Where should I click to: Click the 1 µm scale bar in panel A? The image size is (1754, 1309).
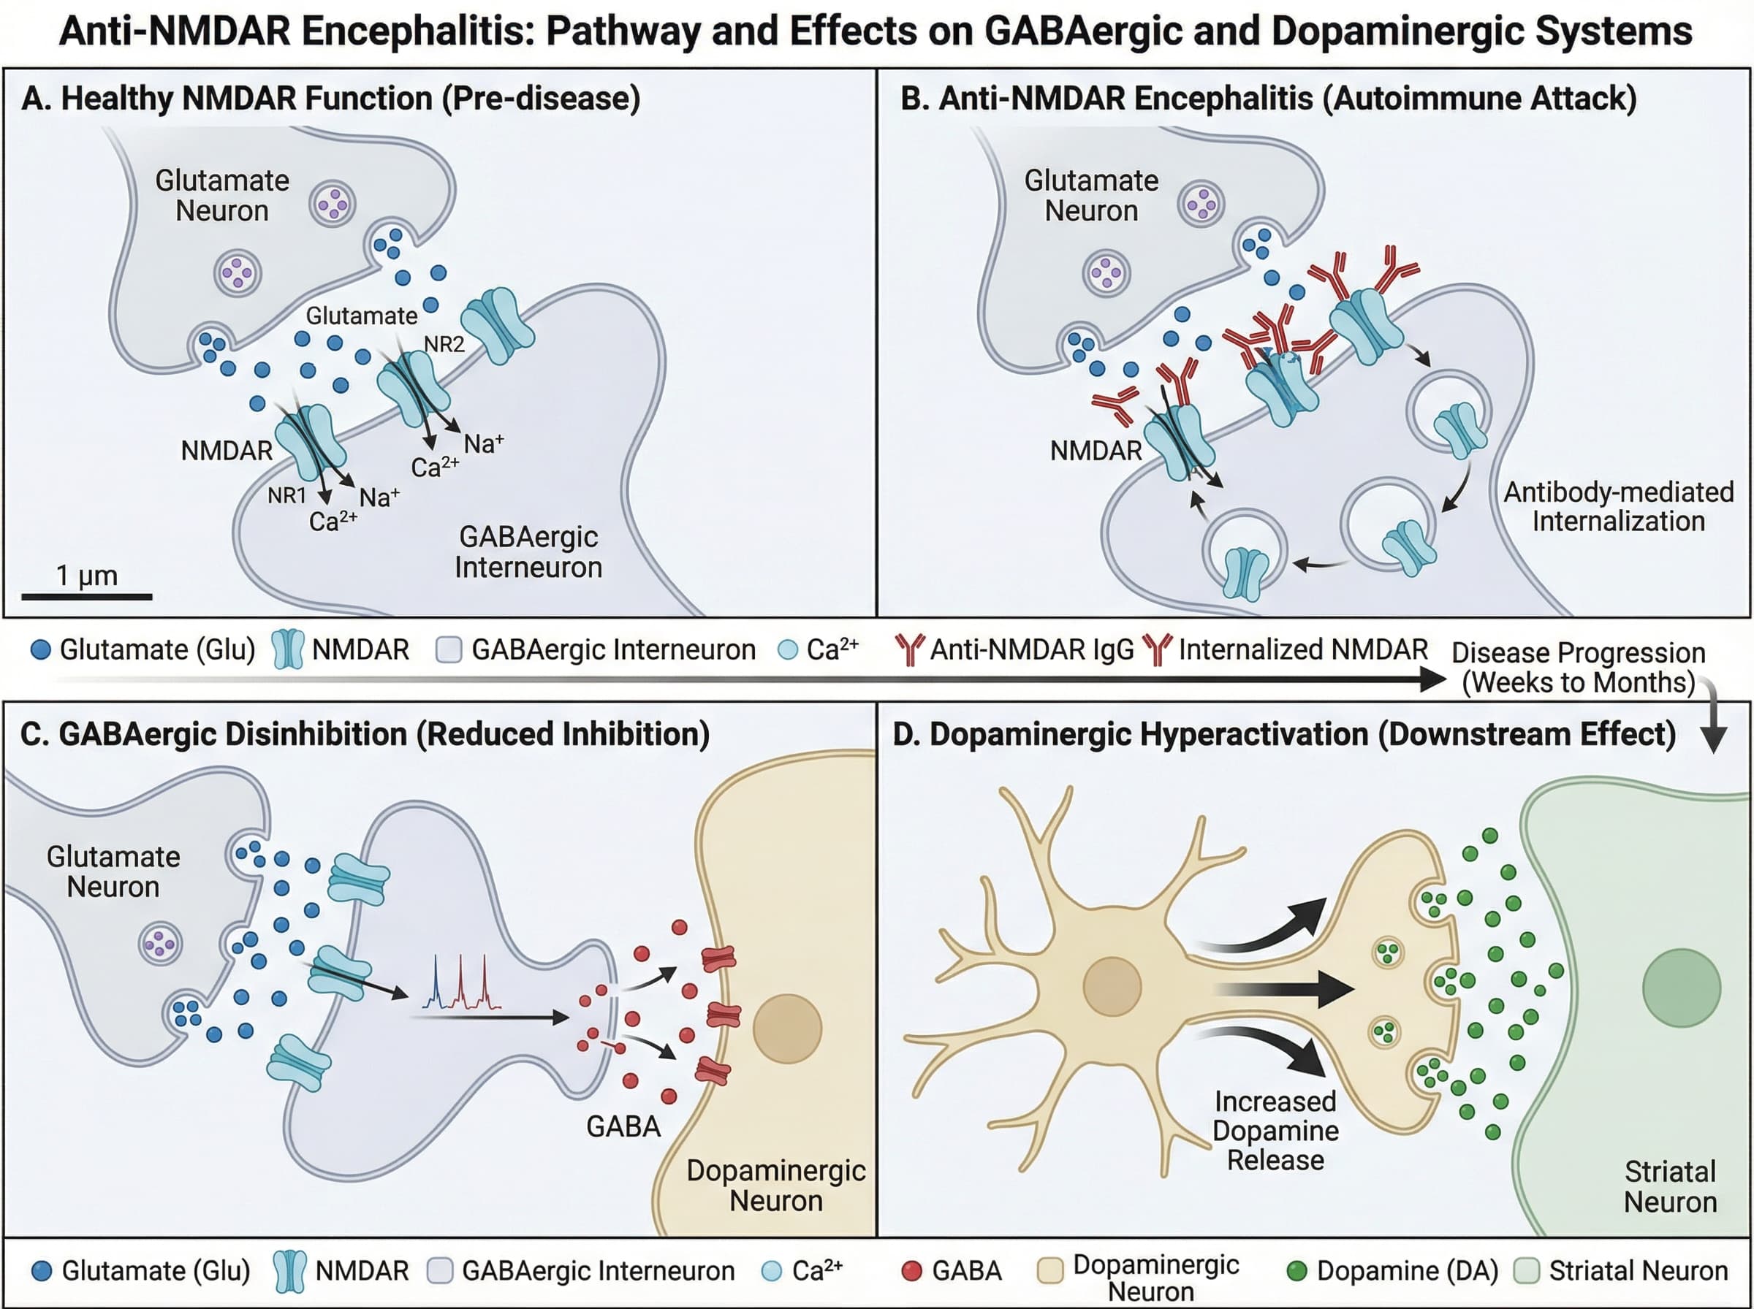pos(86,596)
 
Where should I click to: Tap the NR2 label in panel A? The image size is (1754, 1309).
pos(444,344)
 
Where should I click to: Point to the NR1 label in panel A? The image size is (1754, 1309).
pos(287,495)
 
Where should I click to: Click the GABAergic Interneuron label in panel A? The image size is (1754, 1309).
pos(528,552)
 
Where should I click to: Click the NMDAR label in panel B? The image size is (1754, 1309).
pos(1096,451)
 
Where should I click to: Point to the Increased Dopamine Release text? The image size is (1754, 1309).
pos(1275,1131)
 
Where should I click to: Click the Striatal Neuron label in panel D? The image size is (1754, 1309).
pos(1669,1186)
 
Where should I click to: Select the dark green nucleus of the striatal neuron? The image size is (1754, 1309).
pos(1681,988)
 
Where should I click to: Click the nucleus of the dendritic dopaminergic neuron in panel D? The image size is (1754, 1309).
pos(1112,987)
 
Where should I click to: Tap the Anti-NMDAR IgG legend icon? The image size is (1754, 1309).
pos(909,649)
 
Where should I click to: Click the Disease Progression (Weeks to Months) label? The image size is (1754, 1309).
pos(1578,667)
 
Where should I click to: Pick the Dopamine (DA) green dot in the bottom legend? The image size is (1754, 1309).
pos(1296,1271)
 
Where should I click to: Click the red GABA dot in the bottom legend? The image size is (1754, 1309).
pos(912,1271)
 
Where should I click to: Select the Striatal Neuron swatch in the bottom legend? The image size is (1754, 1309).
pos(1526,1271)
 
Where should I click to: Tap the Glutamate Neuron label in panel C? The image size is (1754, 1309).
pos(113,871)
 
